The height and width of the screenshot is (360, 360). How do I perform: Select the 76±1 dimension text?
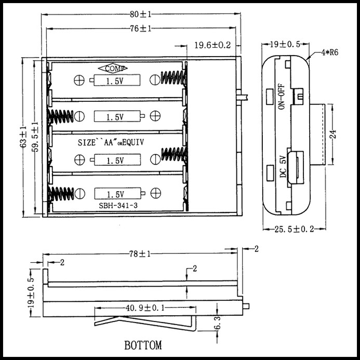tap(140, 29)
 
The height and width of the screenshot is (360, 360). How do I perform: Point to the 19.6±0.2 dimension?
tap(212, 45)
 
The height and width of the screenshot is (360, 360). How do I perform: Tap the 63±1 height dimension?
tap(23, 137)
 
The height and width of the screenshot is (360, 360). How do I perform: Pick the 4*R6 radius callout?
tap(329, 52)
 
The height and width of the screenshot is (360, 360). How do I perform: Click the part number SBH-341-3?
tap(118, 206)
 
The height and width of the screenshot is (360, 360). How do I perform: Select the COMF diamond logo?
tap(113, 69)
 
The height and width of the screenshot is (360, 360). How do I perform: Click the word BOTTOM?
tap(143, 345)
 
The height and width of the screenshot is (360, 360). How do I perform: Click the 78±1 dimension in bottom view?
tap(140, 254)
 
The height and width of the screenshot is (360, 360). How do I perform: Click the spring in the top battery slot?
tap(172, 78)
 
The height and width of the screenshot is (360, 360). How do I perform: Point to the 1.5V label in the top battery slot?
tap(115, 82)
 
